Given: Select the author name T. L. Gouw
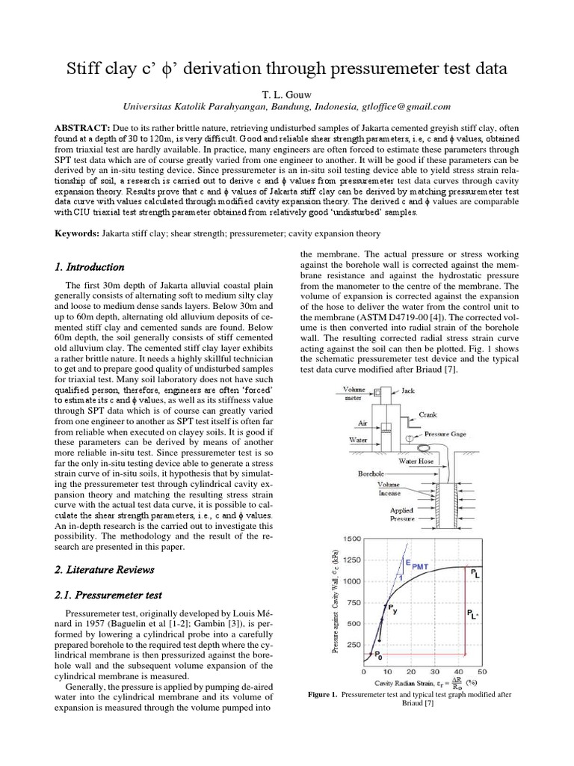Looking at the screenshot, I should pyautogui.click(x=286, y=94).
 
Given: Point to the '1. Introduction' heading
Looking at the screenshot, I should pyautogui.click(x=90, y=267).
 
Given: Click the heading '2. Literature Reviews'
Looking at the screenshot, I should pyautogui.click(x=105, y=569).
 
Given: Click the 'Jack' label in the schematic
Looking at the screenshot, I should pyautogui.click(x=408, y=390).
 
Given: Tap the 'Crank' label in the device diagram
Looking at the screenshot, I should pyautogui.click(x=428, y=414).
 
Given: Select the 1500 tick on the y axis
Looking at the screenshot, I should pyautogui.click(x=351, y=539).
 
